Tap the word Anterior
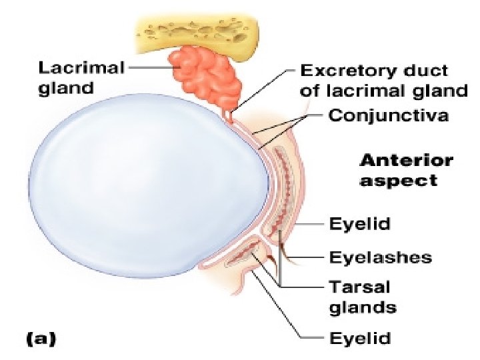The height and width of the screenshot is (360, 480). click(406, 161)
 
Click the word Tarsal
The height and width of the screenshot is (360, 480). click(360, 287)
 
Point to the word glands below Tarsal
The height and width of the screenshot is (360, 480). click(363, 307)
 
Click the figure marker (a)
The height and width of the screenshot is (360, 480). click(41, 338)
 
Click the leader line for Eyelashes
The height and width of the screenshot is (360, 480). click(307, 257)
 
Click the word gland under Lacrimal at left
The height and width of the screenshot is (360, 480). click(65, 87)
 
